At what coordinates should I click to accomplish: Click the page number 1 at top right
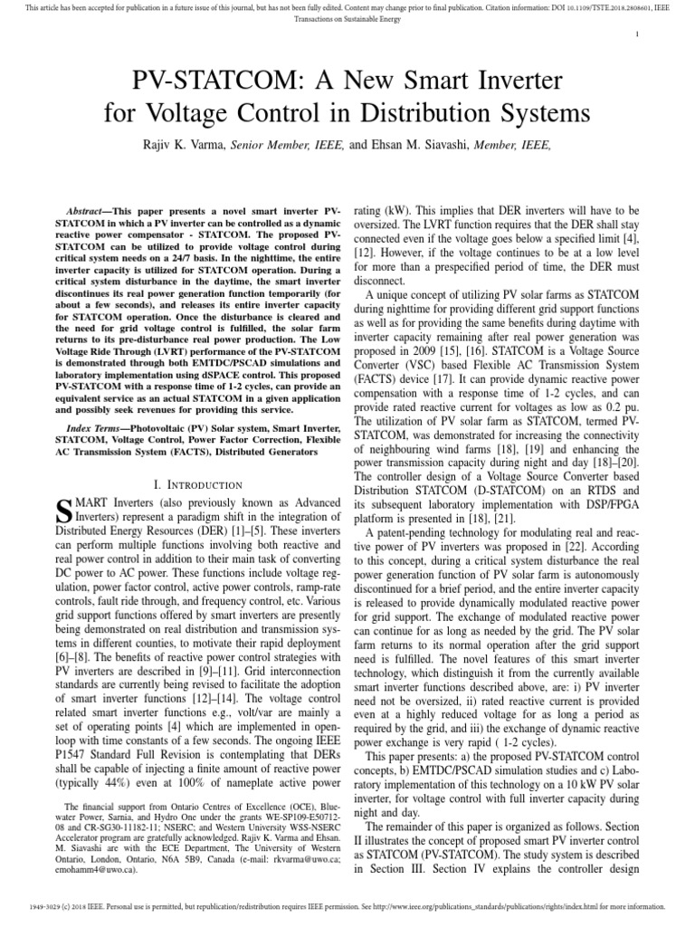638,35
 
